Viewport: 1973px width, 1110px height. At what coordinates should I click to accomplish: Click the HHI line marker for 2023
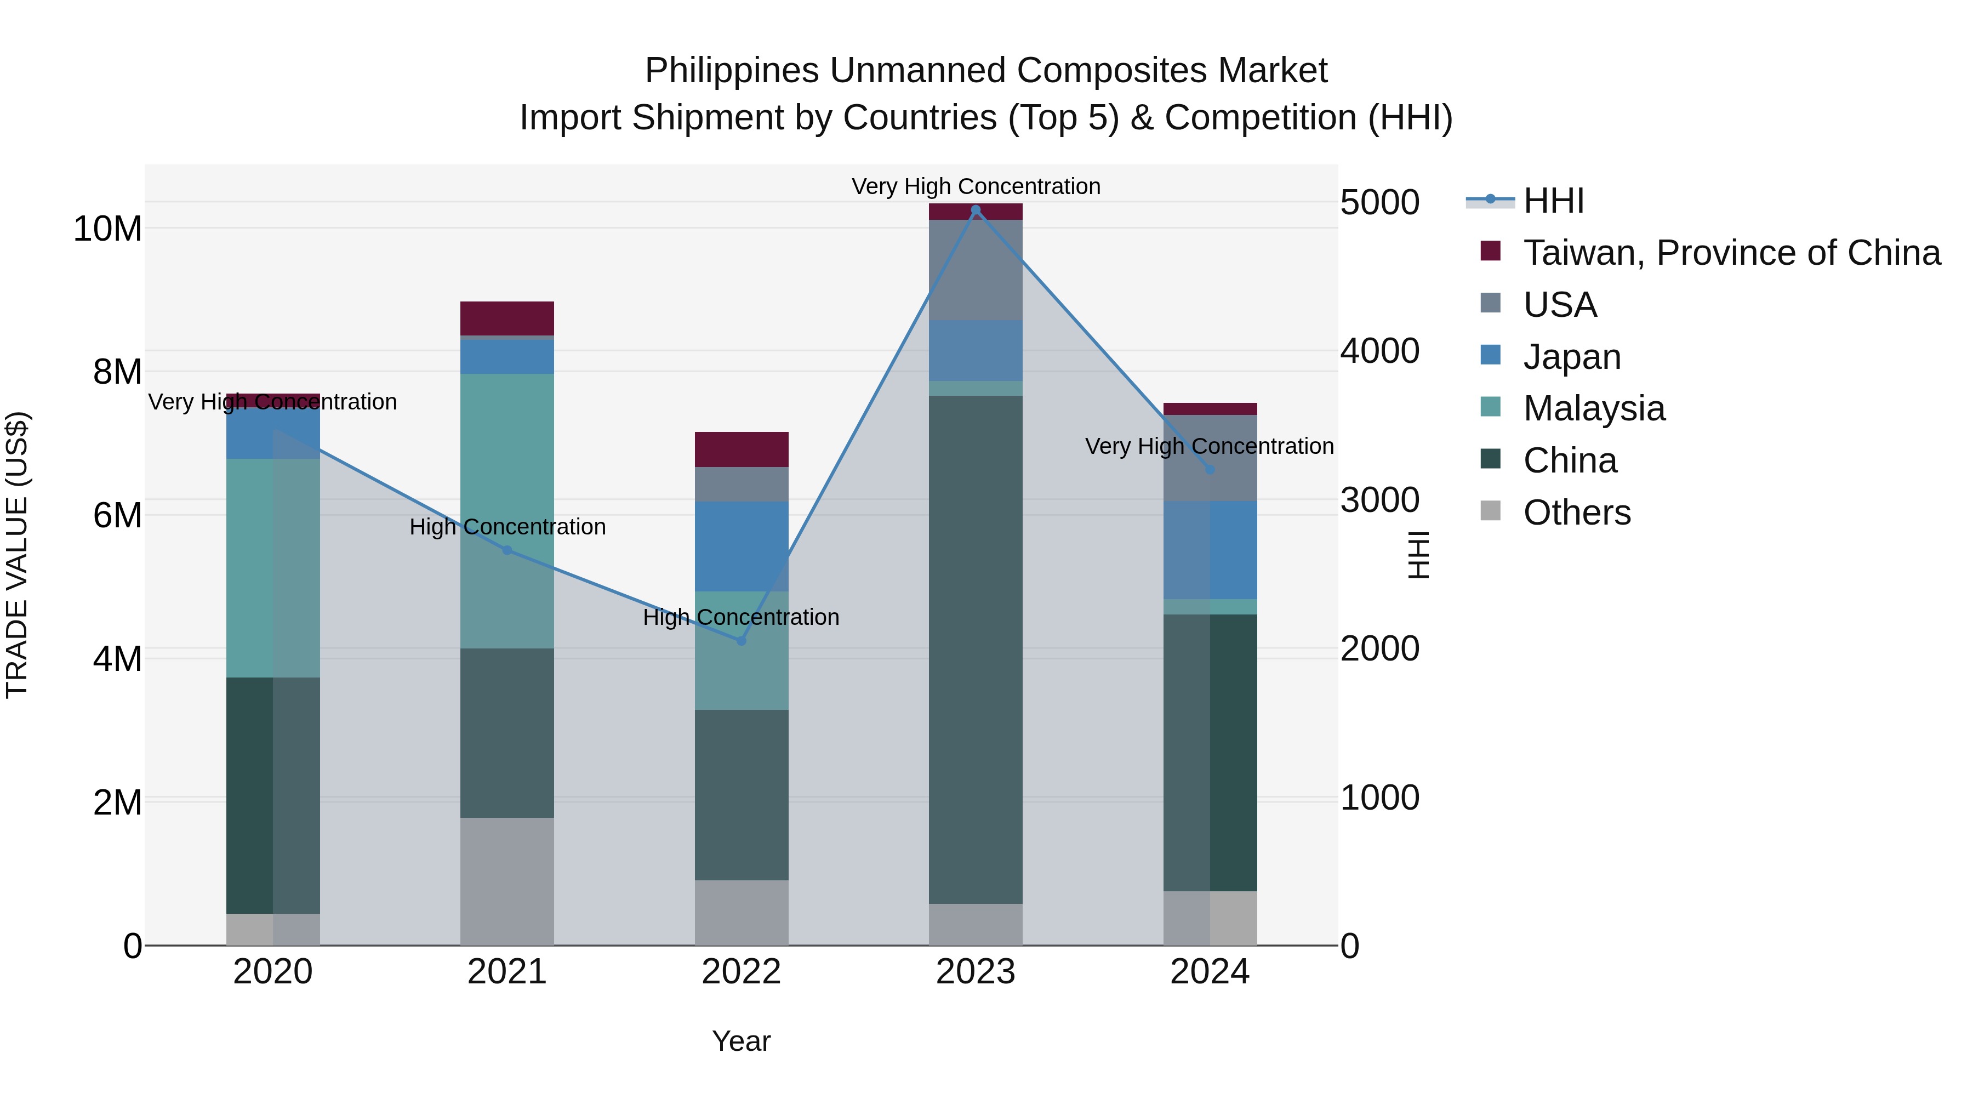pos(975,210)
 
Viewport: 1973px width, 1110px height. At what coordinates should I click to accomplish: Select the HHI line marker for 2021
pos(506,550)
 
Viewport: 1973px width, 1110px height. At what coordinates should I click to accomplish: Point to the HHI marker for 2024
pos(1210,470)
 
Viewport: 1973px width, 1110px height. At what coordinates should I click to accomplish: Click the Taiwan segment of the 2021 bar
pos(506,318)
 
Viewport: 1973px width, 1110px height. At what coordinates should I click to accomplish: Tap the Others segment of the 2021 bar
pos(506,881)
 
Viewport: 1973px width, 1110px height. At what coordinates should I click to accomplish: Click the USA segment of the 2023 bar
pos(975,270)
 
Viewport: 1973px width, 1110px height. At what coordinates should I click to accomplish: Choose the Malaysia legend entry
pos(1593,408)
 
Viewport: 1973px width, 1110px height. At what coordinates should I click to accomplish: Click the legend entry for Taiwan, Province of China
pos(1731,253)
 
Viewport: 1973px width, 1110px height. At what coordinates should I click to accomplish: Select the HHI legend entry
pos(1553,201)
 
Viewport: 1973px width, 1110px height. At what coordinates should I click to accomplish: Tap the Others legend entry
pos(1576,513)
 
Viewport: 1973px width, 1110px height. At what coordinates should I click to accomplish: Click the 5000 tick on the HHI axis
pos(1379,203)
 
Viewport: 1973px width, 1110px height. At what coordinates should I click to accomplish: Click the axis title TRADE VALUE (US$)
pos(17,555)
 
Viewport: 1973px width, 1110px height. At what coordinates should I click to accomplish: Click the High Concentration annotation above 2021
pos(507,527)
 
